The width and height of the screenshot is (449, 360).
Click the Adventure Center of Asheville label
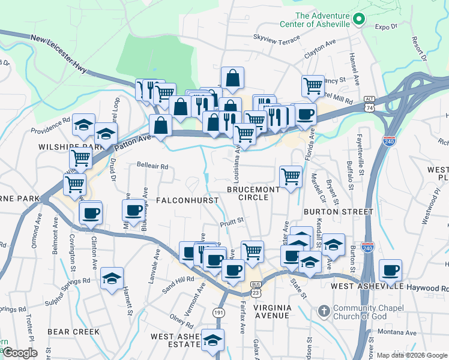click(x=315, y=20)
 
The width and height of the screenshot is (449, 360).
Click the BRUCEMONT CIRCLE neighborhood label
click(x=253, y=193)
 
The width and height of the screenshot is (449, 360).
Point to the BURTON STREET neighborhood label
click(x=339, y=212)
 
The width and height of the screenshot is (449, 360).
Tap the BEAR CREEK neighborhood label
click(x=73, y=331)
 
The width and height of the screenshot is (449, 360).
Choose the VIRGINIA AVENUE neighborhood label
click(x=272, y=311)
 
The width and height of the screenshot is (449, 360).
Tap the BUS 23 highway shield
click(x=256, y=289)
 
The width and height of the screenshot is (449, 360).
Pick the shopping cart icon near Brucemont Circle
click(x=291, y=176)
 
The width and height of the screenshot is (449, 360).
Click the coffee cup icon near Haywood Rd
click(x=391, y=271)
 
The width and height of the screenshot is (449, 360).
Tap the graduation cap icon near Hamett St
click(x=112, y=278)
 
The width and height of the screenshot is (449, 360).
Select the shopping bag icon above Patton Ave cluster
click(x=232, y=77)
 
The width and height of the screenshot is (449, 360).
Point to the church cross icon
click(x=324, y=311)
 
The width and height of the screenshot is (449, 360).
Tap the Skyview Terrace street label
click(x=276, y=38)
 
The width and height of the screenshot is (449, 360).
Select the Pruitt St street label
click(x=231, y=221)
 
